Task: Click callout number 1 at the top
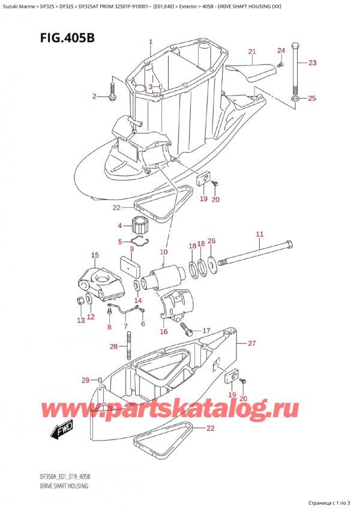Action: (151, 42)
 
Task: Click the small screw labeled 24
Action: (280, 64)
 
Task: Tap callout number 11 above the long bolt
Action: (259, 233)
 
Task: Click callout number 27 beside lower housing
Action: (252, 344)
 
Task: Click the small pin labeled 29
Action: (100, 380)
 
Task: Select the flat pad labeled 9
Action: (128, 265)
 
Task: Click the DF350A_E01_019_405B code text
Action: (62, 477)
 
